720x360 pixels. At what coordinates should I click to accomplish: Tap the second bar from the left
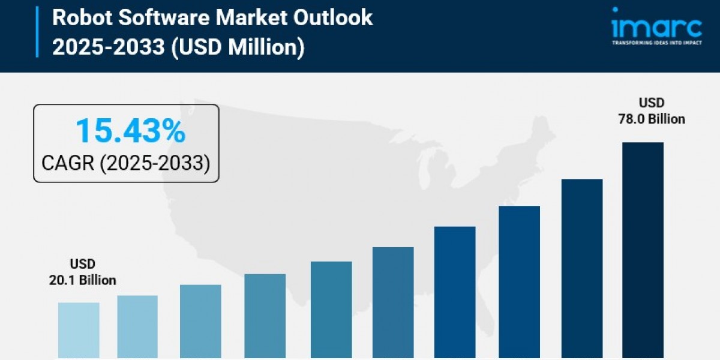pyautogui.click(x=137, y=327)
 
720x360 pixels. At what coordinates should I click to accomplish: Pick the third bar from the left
pyautogui.click(x=200, y=322)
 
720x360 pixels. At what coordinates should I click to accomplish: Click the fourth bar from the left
pyautogui.click(x=265, y=316)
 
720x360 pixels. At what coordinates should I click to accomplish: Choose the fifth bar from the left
pyautogui.click(x=331, y=310)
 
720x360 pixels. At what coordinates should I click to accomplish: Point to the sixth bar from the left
pyautogui.click(x=393, y=303)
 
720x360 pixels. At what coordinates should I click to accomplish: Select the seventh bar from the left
pyautogui.click(x=455, y=292)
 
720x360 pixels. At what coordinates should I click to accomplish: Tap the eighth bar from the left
pyautogui.click(x=519, y=282)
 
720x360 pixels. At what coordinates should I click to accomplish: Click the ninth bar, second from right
pyautogui.click(x=582, y=269)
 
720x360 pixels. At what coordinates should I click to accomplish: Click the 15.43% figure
pyautogui.click(x=131, y=131)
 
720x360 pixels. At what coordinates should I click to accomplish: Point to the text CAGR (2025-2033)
pyautogui.click(x=126, y=162)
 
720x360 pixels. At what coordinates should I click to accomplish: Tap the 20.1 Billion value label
pyautogui.click(x=83, y=280)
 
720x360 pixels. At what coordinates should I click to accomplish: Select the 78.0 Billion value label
pyautogui.click(x=652, y=119)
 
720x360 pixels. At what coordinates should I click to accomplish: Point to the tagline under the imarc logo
pyautogui.click(x=656, y=43)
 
